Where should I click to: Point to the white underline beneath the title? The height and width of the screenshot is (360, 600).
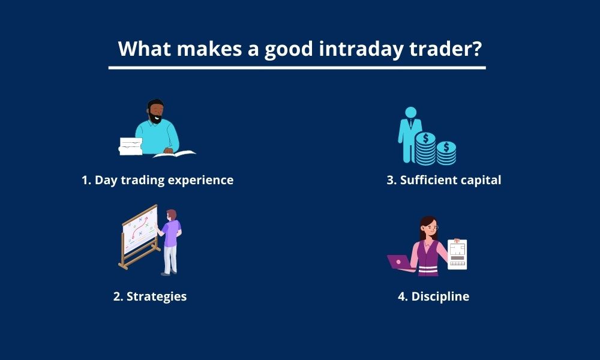point(297,68)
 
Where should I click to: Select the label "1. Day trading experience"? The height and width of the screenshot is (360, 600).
point(157,180)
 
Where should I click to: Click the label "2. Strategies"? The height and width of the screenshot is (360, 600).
point(150,296)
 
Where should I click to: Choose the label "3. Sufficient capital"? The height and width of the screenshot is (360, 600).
point(444,180)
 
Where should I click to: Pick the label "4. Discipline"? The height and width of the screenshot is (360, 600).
point(434,296)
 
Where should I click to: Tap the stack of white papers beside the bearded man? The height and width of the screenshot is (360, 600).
point(131,146)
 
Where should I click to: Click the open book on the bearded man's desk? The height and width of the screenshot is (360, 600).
point(175,154)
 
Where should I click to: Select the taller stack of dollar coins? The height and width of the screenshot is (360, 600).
point(425,149)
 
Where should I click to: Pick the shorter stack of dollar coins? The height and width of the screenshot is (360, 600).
point(446,153)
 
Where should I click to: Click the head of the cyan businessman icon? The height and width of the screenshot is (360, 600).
point(410,112)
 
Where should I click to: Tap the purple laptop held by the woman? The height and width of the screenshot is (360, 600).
point(399,262)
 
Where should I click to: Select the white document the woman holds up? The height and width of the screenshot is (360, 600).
point(457,254)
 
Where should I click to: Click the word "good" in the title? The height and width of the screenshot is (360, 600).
point(289,50)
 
